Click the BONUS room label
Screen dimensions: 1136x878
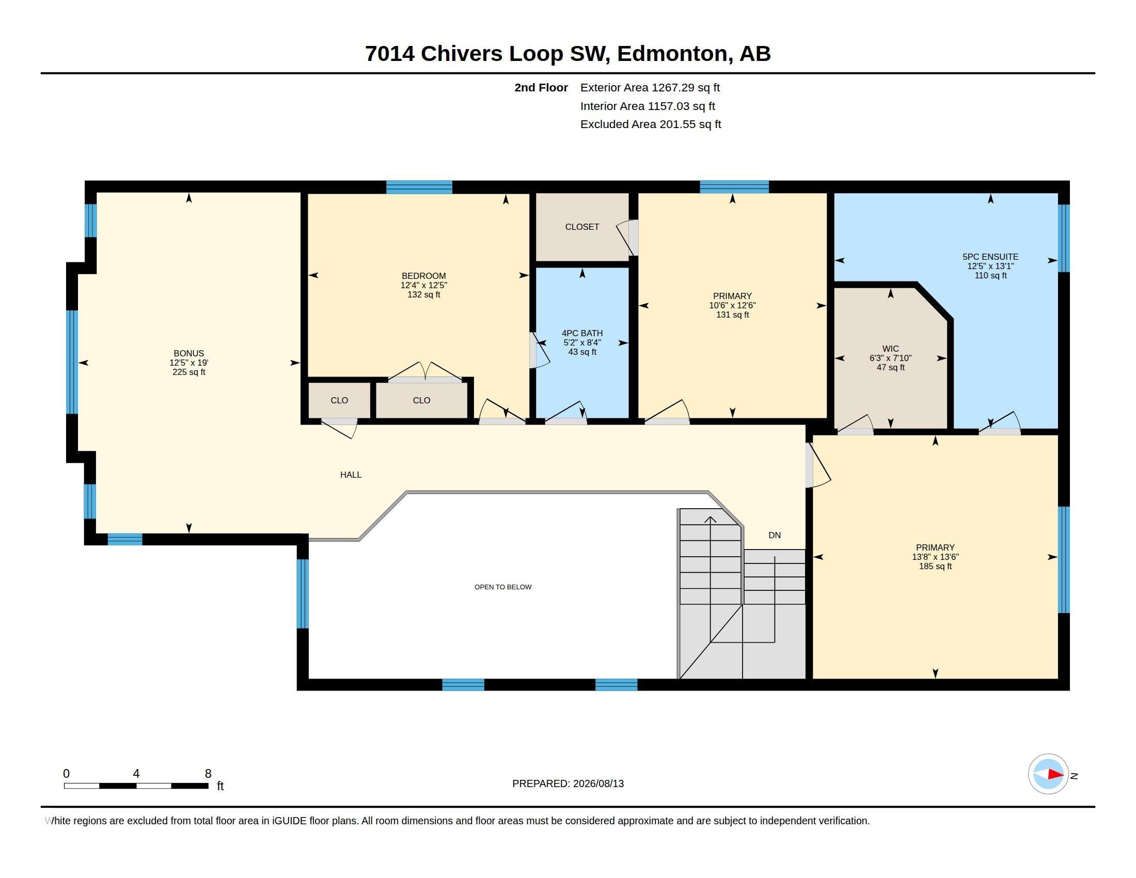[x=189, y=354]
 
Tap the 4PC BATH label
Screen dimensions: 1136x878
[x=582, y=334]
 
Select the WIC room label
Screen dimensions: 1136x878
[x=891, y=349]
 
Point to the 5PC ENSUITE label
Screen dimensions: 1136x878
[x=990, y=257]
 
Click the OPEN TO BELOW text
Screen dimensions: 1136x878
[x=503, y=587]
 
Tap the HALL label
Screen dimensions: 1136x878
[x=351, y=475]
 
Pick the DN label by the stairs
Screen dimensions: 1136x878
[x=775, y=535]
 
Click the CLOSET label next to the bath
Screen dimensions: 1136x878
[x=582, y=227]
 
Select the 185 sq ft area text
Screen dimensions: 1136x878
[x=935, y=567]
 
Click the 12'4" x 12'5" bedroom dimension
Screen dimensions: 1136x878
[x=424, y=286]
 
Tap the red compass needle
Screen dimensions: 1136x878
[x=1055, y=775]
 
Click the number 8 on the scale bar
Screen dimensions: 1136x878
[x=208, y=774]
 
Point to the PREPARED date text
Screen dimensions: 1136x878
[x=568, y=784]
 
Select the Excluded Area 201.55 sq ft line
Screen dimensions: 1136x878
[x=651, y=124]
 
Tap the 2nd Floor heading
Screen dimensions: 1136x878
[x=541, y=88]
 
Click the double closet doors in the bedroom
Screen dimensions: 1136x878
[x=425, y=372]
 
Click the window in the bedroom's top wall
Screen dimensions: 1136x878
[x=419, y=187]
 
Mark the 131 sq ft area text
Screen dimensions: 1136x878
[x=732, y=315]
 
